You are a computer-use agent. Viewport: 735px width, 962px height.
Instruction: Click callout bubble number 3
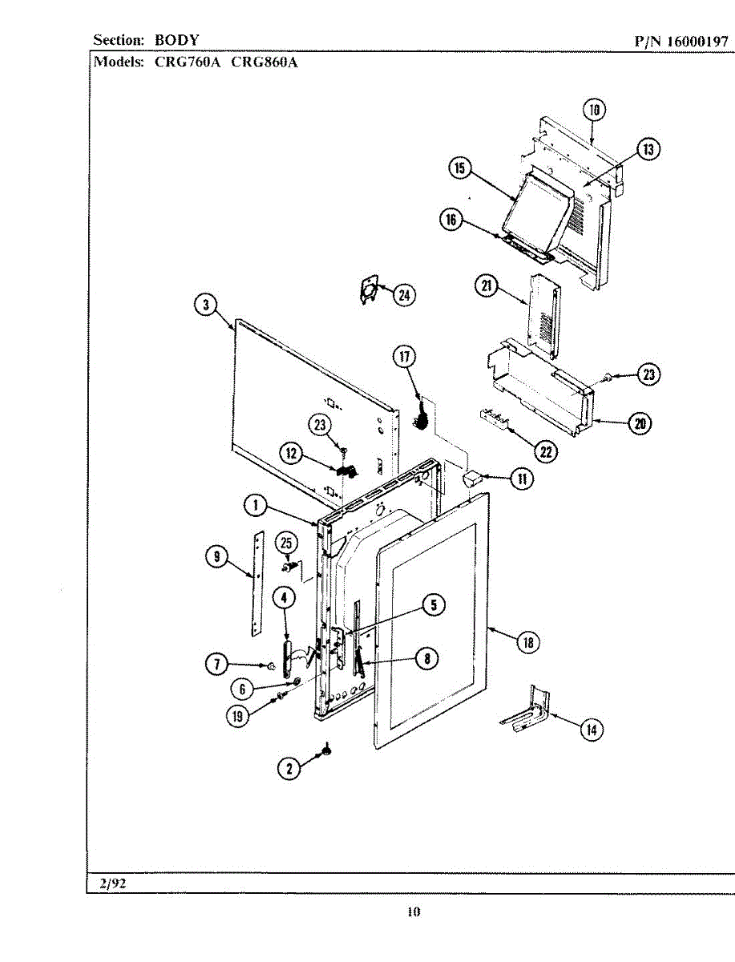click(x=206, y=305)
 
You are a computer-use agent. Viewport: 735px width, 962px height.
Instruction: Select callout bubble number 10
click(x=594, y=110)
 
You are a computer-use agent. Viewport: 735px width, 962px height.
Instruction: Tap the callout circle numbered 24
click(x=403, y=295)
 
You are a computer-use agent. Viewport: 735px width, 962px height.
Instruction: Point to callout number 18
click(x=527, y=641)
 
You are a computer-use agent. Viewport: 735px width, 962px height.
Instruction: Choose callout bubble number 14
click(x=592, y=730)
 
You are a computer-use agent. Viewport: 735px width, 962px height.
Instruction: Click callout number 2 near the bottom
click(x=289, y=768)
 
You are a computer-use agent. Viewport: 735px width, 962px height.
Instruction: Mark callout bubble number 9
click(x=216, y=558)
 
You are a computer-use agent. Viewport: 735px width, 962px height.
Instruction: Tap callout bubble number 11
click(x=521, y=479)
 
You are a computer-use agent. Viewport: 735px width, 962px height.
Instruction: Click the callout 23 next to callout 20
click(x=648, y=374)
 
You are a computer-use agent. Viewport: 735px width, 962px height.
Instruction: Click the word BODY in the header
click(x=177, y=39)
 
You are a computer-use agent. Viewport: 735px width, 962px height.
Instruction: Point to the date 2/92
click(x=113, y=884)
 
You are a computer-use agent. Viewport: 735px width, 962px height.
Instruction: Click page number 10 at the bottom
click(x=413, y=911)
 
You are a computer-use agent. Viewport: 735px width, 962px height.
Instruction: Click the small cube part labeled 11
click(x=471, y=479)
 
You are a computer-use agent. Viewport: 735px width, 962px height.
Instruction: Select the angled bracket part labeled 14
click(x=529, y=711)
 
